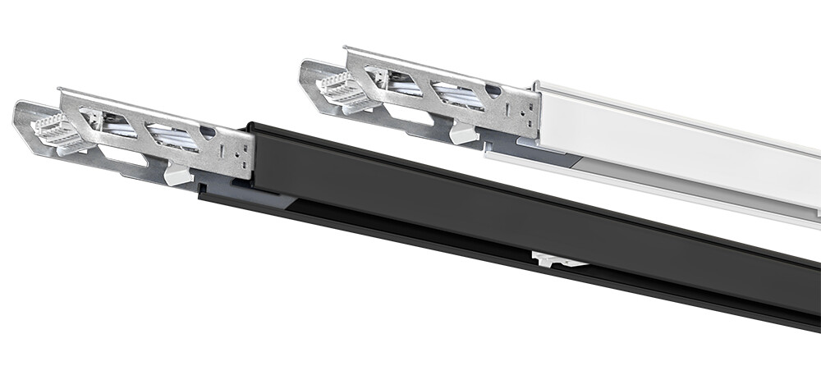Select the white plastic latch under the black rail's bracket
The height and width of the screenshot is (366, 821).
[x=178, y=174]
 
